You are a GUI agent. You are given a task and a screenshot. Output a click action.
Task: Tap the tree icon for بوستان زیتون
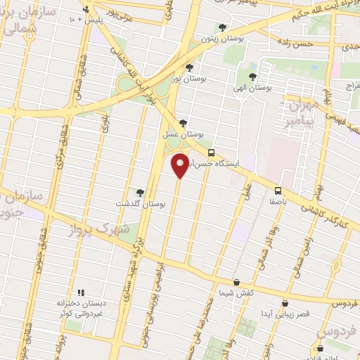[x=222, y=28]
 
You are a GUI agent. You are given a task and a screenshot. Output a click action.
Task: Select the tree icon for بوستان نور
[x=189, y=68]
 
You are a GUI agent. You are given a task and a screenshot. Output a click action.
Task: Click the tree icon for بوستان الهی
[x=253, y=77]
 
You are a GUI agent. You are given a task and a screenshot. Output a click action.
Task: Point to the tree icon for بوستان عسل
[x=183, y=122]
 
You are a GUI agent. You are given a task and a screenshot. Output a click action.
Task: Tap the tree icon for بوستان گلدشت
[x=140, y=192]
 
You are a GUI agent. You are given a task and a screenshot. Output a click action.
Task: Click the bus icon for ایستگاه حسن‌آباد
[x=212, y=153]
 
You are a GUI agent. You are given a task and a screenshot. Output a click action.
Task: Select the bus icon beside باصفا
[x=278, y=190]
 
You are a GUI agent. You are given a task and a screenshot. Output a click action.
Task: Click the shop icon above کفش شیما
[x=236, y=282]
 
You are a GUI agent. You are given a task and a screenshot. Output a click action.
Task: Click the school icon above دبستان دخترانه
[x=81, y=292]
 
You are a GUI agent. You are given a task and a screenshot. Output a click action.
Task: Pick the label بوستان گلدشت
[x=143, y=204]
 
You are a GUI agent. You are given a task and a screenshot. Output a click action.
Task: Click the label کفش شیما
[x=236, y=293]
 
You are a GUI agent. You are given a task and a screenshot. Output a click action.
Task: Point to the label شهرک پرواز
[x=96, y=230]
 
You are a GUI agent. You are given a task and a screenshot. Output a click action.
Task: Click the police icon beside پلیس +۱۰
[x=86, y=10]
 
